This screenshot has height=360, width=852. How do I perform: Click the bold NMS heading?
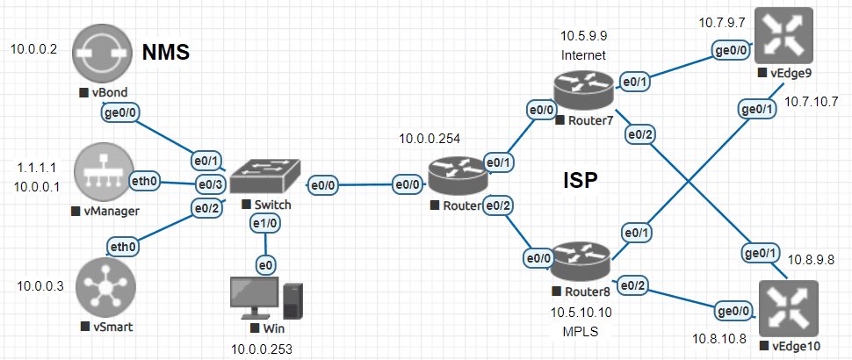pyautogui.click(x=166, y=54)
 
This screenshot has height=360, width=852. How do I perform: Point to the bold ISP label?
pyautogui.click(x=580, y=182)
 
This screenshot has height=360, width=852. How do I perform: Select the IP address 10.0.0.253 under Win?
pyautogui.click(x=261, y=349)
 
